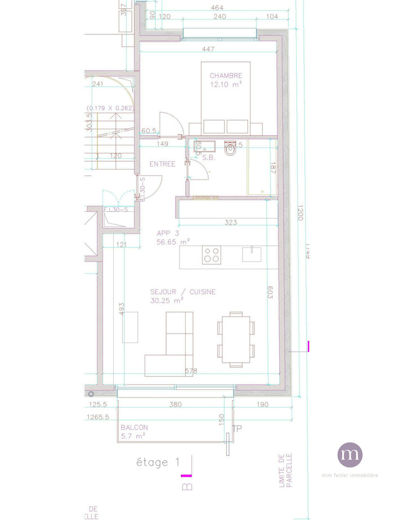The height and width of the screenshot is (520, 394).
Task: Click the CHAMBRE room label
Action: coord(226,75)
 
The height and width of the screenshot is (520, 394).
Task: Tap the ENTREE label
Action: coord(162,164)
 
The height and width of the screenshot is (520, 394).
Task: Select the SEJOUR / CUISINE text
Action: coord(182,292)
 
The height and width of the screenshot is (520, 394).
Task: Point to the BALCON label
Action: coord(134,427)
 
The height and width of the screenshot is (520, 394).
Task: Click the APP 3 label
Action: coord(168,233)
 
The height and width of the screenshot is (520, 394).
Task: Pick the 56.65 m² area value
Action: coord(173,242)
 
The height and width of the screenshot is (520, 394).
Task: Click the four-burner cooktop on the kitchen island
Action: coord(212,255)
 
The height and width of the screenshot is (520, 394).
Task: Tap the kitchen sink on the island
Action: coord(252,254)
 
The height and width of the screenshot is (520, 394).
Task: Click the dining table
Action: coord(236,339)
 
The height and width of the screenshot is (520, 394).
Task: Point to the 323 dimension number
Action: coord(230,223)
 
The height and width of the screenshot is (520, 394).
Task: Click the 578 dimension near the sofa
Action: coord(192,371)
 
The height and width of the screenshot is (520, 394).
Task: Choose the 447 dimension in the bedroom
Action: coord(208,50)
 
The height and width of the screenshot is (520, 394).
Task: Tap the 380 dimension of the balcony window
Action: coord(175,405)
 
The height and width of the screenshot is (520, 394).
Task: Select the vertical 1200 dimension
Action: coord(299,213)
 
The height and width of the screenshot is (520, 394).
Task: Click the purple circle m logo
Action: coord(350,455)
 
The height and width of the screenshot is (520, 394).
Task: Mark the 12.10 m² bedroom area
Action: coord(226,85)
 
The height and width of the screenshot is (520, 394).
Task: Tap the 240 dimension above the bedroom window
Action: coord(220,17)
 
